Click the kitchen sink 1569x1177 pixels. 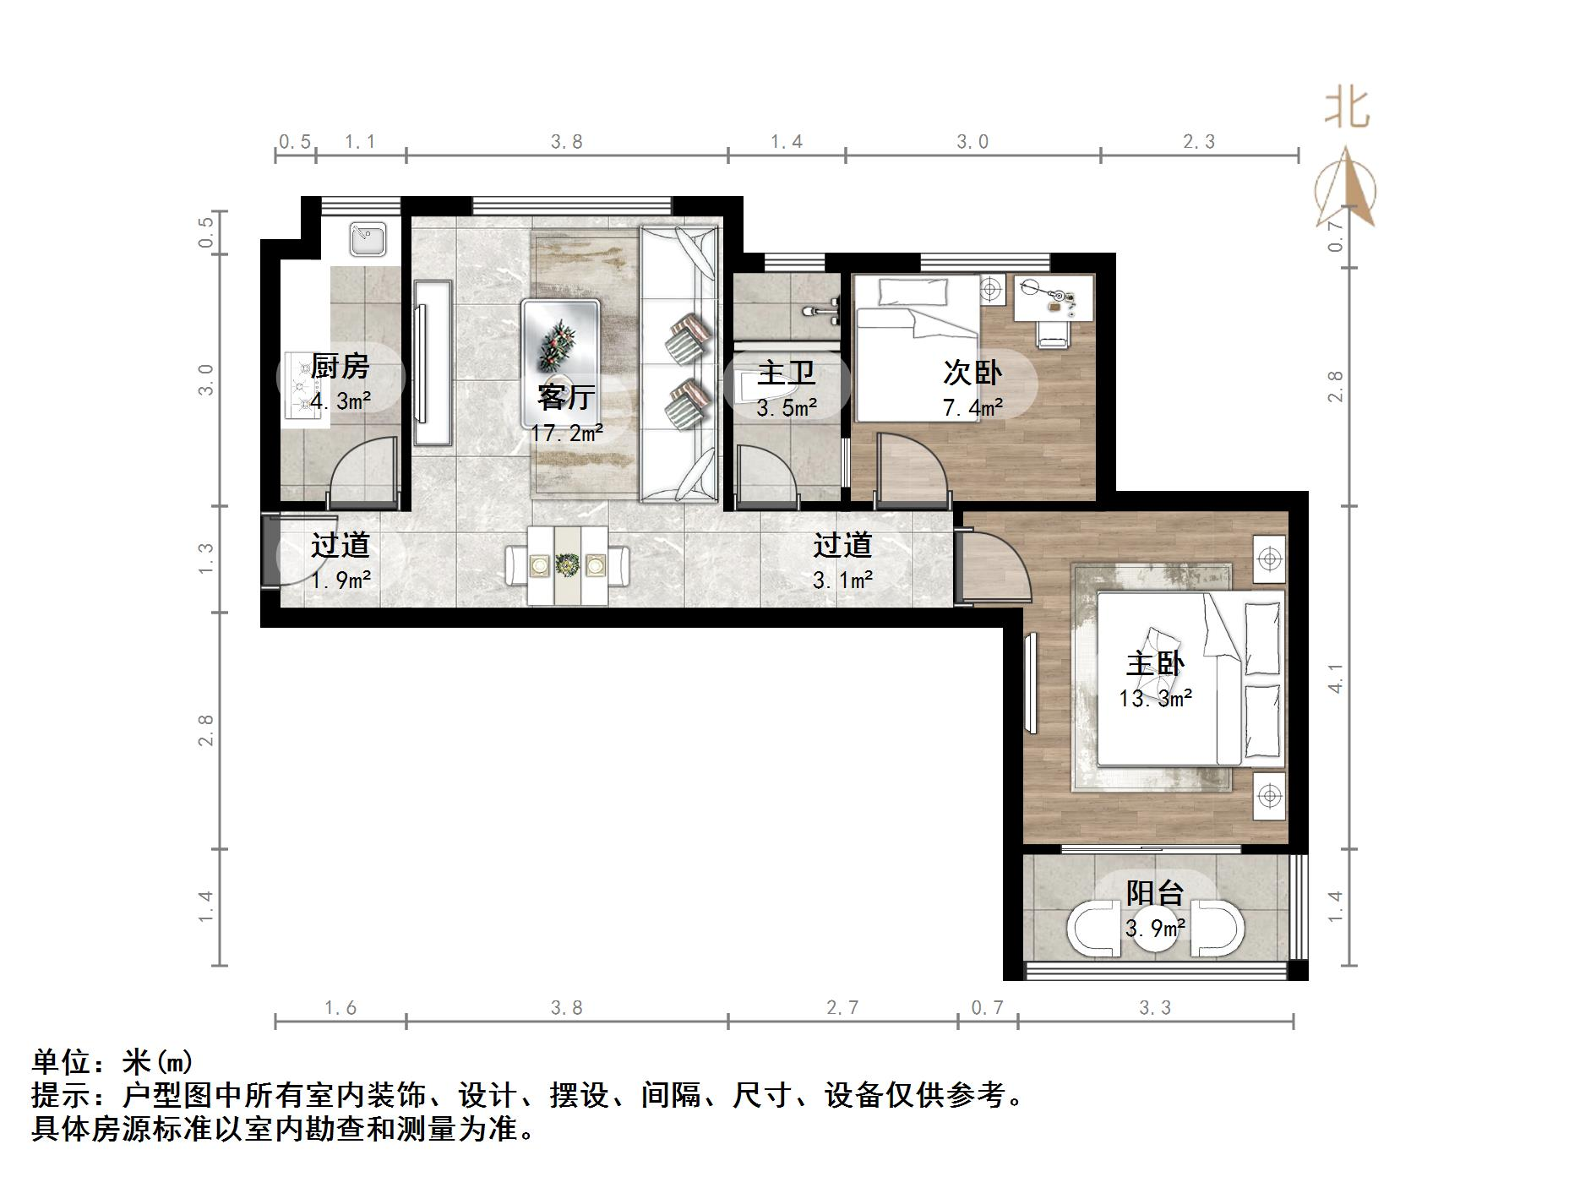[368, 239]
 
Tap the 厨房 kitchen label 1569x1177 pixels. [340, 367]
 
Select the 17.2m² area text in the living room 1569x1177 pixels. [566, 433]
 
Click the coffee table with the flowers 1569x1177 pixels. [560, 346]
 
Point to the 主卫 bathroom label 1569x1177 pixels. [786, 373]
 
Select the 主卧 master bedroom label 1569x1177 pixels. [1155, 663]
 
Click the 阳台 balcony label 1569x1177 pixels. [1155, 892]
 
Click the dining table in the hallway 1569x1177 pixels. [567, 565]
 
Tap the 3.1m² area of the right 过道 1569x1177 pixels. [842, 580]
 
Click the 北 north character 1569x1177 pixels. [1346, 109]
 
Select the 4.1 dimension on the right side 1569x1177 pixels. [1335, 678]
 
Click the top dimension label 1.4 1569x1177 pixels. [786, 142]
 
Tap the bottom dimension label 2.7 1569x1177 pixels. [842, 1008]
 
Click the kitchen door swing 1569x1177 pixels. [363, 473]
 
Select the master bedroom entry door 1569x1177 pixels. [993, 566]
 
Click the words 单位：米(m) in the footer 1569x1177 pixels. [113, 1062]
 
